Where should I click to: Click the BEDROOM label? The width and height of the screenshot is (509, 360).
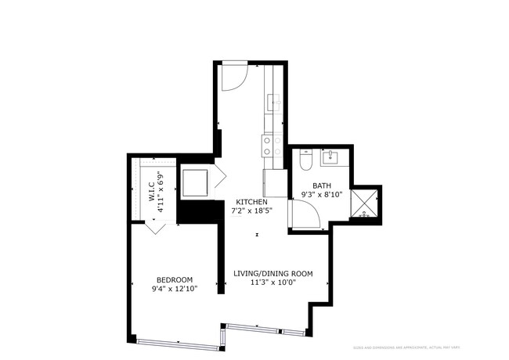175,280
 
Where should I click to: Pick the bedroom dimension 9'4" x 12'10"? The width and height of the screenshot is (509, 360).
175,289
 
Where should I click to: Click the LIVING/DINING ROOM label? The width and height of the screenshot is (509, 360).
273,274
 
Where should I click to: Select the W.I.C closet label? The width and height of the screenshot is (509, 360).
151,192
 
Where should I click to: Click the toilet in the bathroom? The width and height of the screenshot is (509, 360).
307,160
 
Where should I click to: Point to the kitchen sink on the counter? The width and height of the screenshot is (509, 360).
273,102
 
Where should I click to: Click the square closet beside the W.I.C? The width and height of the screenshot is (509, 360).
196,182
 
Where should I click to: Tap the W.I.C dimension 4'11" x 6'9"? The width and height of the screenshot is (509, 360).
160,192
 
